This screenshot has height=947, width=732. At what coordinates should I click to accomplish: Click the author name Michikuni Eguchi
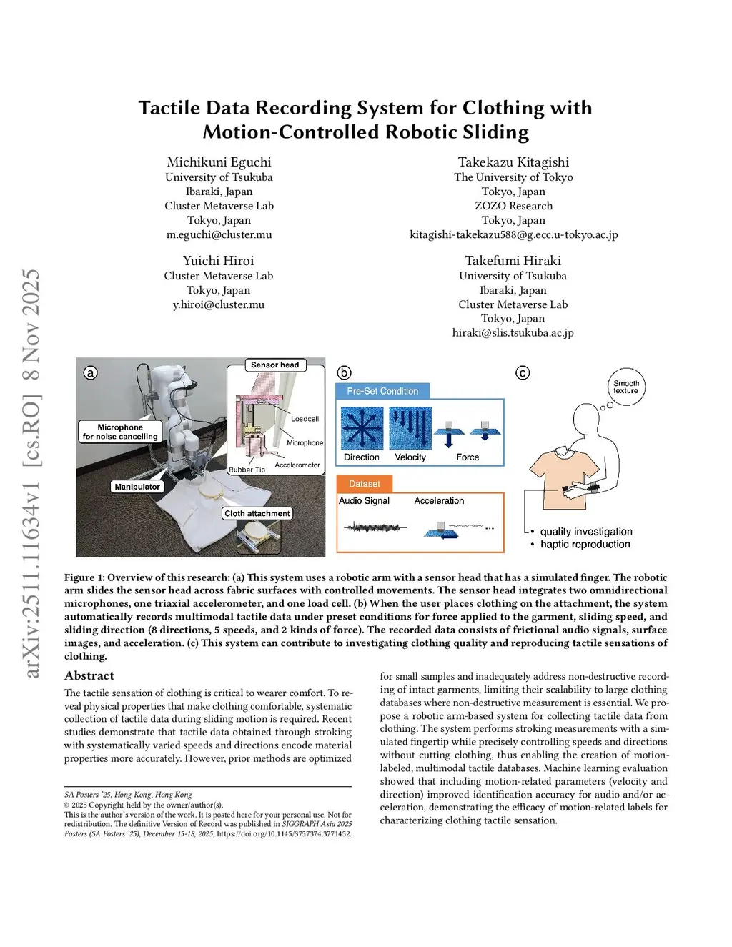[x=219, y=162]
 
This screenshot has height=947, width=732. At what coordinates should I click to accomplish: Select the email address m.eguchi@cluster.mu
[x=219, y=234]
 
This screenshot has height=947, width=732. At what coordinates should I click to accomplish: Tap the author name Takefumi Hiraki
[x=513, y=261]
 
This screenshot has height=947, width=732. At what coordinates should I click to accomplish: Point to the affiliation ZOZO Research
[x=513, y=206]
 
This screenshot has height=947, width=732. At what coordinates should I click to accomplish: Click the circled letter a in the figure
[x=91, y=372]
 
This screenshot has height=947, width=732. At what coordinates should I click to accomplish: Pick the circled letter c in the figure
[x=523, y=372]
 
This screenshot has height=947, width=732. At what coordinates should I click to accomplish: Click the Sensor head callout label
[x=274, y=365]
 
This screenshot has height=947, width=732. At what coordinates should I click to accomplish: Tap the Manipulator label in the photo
[x=137, y=487]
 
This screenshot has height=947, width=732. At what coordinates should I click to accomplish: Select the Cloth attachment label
[x=257, y=513]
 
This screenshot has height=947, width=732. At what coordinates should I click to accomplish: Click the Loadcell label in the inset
[x=305, y=419]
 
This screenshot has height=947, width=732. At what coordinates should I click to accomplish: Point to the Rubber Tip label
[x=247, y=470]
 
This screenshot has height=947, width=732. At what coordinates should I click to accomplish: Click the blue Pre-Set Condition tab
[x=382, y=391]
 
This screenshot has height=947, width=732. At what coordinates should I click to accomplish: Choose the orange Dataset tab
[x=364, y=484]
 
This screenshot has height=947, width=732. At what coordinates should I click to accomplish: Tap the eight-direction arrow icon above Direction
[x=362, y=428]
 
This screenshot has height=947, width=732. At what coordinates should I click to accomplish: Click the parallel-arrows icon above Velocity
[x=410, y=428]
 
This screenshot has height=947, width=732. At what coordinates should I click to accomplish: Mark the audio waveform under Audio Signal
[x=375, y=528]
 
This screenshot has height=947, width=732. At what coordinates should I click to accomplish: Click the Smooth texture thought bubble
[x=626, y=387]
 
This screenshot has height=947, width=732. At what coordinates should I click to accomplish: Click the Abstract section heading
[x=89, y=675]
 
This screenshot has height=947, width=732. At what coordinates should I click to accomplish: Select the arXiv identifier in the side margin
[x=31, y=473]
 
